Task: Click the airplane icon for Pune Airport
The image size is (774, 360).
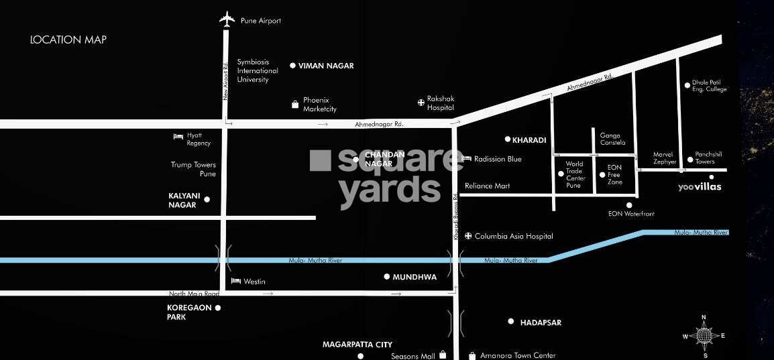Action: [x=228, y=19]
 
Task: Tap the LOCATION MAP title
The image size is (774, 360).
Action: [x=68, y=40]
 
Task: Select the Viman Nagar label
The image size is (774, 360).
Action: [x=326, y=66]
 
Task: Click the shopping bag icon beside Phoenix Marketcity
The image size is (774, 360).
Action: [x=294, y=104]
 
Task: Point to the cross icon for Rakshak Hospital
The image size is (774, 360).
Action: [x=421, y=103]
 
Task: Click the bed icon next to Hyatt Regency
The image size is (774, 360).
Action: [x=178, y=136]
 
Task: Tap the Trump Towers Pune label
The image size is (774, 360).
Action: [x=193, y=169]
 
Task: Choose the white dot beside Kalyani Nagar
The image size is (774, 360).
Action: [x=207, y=199]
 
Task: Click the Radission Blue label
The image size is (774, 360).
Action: [x=498, y=159]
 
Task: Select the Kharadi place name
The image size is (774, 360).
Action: [x=529, y=140]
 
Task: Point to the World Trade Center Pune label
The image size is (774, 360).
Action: [x=574, y=174]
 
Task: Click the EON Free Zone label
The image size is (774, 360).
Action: [x=614, y=174]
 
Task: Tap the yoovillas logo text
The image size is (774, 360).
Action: [x=700, y=187]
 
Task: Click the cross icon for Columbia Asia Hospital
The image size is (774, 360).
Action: [x=468, y=236]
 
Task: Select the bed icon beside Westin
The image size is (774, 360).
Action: [x=235, y=281]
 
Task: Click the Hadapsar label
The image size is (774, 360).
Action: [x=541, y=322]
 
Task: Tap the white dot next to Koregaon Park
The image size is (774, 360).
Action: [x=218, y=308]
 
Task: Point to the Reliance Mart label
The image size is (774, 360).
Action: [x=488, y=186]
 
